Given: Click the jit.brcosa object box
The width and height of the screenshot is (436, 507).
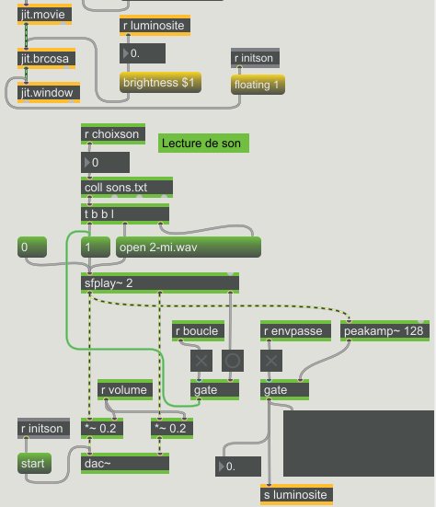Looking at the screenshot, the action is [46, 59].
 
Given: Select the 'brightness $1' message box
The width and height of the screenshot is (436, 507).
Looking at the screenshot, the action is [160, 83].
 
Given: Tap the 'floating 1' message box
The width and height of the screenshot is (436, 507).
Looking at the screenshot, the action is [258, 85].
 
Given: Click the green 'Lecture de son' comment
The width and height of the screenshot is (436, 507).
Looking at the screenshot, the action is [203, 143].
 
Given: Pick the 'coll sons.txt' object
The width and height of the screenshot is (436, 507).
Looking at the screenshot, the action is [127, 188].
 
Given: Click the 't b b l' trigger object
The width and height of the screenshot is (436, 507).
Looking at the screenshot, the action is [125, 214].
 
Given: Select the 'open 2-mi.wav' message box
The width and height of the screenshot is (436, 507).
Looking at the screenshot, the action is [189, 248].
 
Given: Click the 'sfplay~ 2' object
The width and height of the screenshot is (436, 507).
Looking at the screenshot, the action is [160, 283].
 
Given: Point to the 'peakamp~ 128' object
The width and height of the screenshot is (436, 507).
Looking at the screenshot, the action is [384, 330].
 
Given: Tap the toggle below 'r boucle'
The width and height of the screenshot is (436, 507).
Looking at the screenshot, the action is [201, 361].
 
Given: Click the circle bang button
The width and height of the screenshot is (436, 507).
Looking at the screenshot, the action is [233, 361].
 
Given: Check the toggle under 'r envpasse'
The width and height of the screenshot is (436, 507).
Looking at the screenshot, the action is [271, 361].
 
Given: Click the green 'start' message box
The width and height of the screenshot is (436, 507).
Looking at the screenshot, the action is [34, 464].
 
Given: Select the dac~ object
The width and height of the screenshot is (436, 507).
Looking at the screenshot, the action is [125, 464].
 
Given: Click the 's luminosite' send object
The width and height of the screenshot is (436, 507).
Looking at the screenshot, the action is [296, 495].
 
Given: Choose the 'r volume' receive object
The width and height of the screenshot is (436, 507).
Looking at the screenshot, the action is [125, 390].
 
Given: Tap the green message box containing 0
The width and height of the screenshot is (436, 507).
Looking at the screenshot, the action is [32, 248].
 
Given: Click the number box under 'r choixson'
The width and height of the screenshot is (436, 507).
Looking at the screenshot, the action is [105, 162].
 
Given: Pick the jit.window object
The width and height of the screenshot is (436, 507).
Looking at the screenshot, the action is [49, 93].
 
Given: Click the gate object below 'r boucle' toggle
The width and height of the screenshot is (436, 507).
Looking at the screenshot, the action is [214, 390].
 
